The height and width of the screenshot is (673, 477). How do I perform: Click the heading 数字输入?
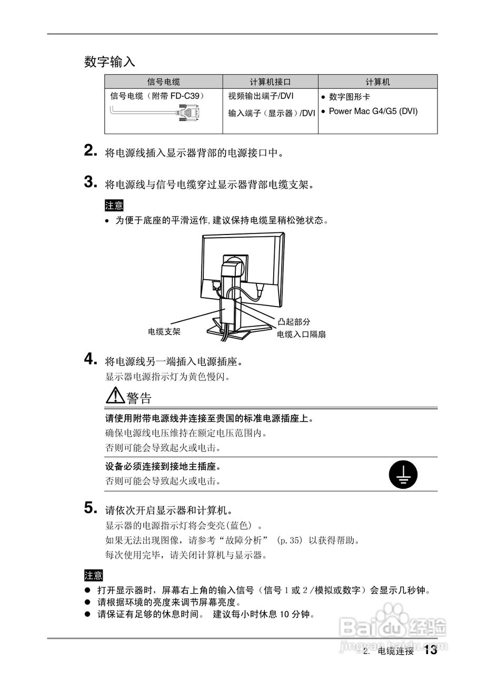110,62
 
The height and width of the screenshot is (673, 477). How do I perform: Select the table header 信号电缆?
163,82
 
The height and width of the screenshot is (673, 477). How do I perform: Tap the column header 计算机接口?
270,82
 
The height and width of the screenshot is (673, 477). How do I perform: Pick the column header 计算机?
377,82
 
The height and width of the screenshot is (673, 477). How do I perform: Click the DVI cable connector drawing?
190,113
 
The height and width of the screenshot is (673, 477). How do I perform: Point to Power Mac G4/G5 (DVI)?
373,111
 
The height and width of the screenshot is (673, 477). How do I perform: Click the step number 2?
91,151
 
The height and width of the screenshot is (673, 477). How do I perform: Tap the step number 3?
91,182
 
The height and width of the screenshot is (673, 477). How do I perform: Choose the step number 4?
91,360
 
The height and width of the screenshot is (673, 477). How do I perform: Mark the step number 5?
91,508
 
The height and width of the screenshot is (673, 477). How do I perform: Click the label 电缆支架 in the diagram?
164,332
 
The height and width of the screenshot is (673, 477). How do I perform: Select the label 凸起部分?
294,322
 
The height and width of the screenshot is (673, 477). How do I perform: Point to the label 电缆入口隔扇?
301,334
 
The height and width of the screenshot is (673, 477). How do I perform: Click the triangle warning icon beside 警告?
115,395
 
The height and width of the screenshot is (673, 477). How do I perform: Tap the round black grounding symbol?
403,474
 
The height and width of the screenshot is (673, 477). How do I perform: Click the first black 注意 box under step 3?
114,206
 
